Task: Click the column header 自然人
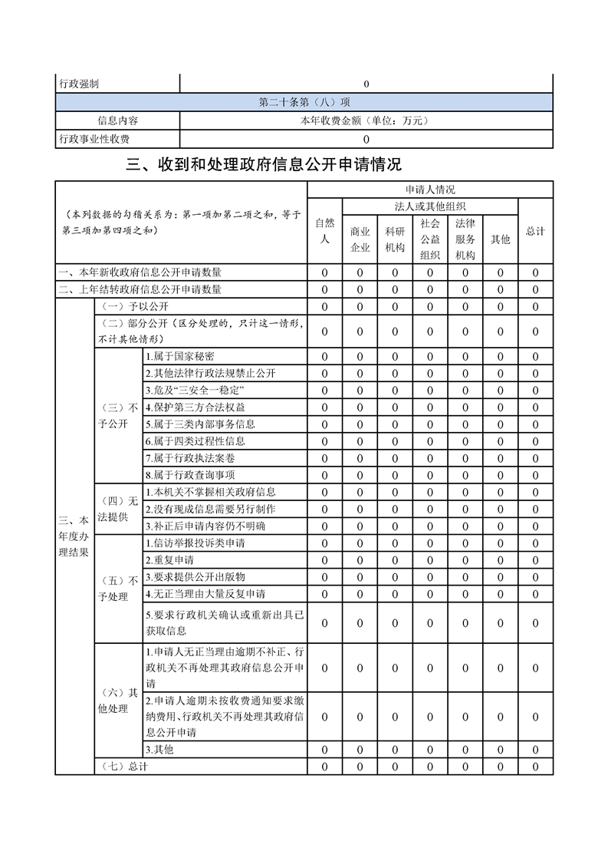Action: click(324, 230)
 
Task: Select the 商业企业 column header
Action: click(360, 239)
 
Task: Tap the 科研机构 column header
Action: click(395, 239)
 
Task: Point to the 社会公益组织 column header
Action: click(430, 239)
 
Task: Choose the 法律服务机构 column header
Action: click(465, 239)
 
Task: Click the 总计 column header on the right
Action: click(535, 230)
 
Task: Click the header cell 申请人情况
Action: click(430, 189)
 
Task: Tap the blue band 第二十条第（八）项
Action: click(304, 102)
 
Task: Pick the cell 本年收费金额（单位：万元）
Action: click(366, 120)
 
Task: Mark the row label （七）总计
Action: click(123, 766)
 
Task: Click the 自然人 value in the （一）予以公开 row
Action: click(324, 307)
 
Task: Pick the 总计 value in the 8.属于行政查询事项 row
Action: click(535, 475)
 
